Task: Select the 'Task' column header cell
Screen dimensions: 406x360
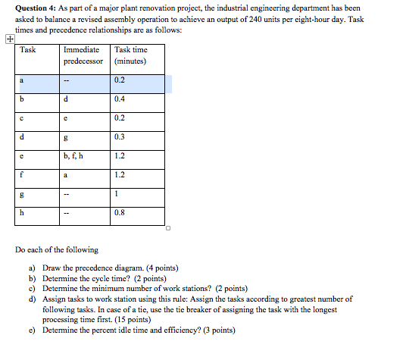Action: (28, 50)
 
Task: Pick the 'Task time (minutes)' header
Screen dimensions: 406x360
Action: (130, 55)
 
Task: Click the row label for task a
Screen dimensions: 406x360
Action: (22, 80)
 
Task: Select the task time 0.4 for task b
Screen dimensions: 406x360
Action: (120, 99)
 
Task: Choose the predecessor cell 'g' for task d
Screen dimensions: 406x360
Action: (67, 136)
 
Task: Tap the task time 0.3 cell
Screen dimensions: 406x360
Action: (120, 136)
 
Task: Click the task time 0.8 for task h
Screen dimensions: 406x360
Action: (120, 212)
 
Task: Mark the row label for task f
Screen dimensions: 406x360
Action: (22, 174)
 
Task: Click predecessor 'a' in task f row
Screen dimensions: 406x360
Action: (67, 174)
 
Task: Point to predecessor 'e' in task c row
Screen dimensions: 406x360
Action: (67, 117)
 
